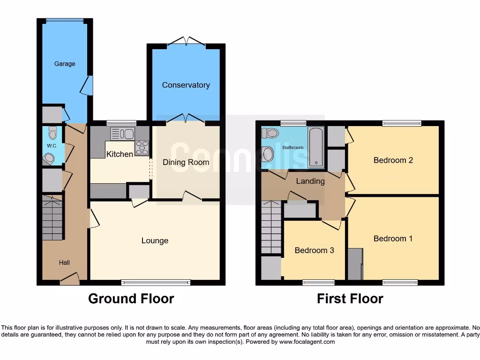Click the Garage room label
pyautogui.click(x=65, y=64)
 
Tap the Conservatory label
pyautogui.click(x=186, y=85)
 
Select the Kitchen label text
pyautogui.click(x=120, y=154)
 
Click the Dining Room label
pyautogui.click(x=186, y=162)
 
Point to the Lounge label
pyautogui.click(x=155, y=240)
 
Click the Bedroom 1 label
pyautogui.click(x=393, y=239)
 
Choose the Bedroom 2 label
pyautogui.click(x=393, y=160)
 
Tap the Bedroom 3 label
pyautogui.click(x=314, y=250)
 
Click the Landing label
pyautogui.click(x=310, y=181)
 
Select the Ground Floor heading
pyautogui.click(x=131, y=299)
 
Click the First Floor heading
pyautogui.click(x=350, y=299)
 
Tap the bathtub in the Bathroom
pyautogui.click(x=316, y=147)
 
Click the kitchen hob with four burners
pyautogui.click(x=142, y=148)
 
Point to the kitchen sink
pyautogui.click(x=123, y=134)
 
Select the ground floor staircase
pyautogui.click(x=52, y=218)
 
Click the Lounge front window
pyautogui.click(x=156, y=282)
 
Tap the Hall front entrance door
pyautogui.click(x=69, y=280)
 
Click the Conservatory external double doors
pyautogui.click(x=186, y=42)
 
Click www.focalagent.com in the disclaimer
pyautogui.click(x=307, y=342)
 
